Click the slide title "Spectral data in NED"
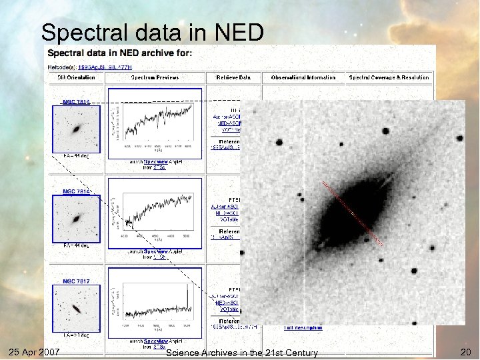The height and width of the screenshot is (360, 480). tap(153, 32)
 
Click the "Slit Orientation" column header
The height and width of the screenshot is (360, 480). tap(76, 77)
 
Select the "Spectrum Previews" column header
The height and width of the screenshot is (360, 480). tap(155, 77)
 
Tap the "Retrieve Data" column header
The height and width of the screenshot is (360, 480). tap(233, 77)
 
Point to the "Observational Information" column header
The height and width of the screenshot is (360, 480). tap(303, 77)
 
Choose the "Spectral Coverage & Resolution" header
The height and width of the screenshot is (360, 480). tap(389, 77)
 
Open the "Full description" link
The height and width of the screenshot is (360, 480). tap(303, 327)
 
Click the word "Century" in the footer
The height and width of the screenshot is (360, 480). tap(297, 352)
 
